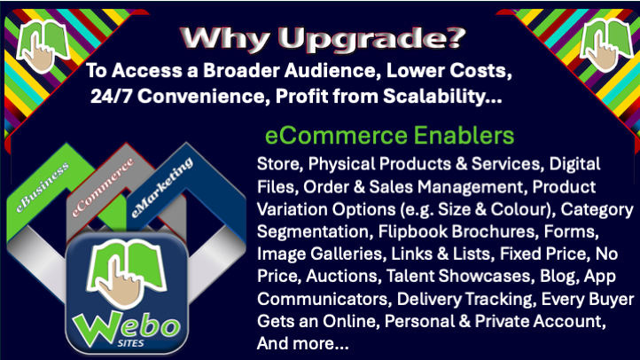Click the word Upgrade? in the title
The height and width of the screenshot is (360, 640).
(x=371, y=39)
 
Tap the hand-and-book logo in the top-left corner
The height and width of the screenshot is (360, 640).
(x=42, y=46)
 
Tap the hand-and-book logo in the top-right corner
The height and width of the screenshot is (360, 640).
(x=605, y=45)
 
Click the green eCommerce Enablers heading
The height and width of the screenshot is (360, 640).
(x=389, y=136)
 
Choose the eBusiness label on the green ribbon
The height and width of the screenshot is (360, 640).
(x=43, y=187)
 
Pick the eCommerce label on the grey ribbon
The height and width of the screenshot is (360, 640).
(x=103, y=187)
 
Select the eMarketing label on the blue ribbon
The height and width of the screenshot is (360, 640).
(x=162, y=187)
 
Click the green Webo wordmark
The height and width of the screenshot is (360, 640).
(x=126, y=327)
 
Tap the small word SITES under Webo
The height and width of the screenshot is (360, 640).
(x=130, y=343)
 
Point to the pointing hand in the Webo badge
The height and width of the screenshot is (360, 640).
(x=121, y=282)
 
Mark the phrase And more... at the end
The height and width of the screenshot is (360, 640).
(x=303, y=344)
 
